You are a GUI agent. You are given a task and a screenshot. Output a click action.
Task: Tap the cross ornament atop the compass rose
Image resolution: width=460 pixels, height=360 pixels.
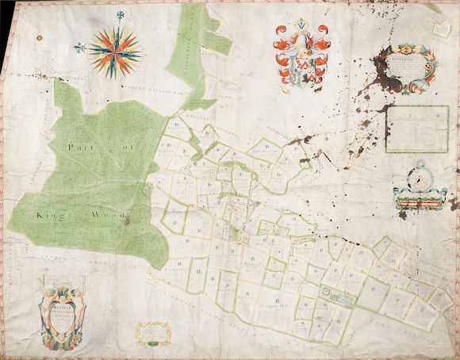pos(119,15)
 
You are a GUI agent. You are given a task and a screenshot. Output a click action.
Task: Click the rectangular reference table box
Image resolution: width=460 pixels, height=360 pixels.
pos(417,128)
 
